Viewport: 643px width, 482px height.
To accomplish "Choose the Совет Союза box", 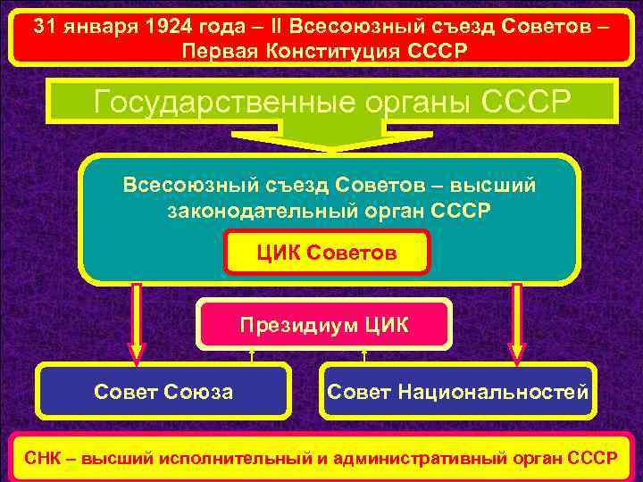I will point(164,391).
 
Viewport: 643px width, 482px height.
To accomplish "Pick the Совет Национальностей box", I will point(458,391).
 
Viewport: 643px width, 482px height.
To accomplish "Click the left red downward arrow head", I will point(136,352).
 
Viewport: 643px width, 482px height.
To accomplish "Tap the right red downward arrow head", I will point(517,352).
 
